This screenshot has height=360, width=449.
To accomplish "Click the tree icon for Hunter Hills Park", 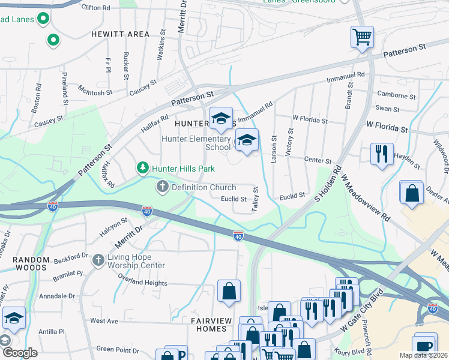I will [x=143, y=168].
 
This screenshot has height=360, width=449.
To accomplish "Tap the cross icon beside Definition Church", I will [x=162, y=187].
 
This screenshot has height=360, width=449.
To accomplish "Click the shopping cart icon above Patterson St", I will [x=362, y=37].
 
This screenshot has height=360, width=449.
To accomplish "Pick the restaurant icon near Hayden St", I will [x=382, y=155].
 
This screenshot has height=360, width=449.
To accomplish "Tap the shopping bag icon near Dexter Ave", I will [x=412, y=193].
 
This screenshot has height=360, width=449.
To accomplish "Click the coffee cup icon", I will [x=425, y=346].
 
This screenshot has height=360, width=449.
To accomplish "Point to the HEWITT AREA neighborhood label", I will [x=120, y=34].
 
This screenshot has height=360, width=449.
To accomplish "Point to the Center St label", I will [x=318, y=161].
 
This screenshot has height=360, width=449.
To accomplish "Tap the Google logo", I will [x=19, y=353].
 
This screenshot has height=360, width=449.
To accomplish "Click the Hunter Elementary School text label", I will [x=196, y=143].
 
